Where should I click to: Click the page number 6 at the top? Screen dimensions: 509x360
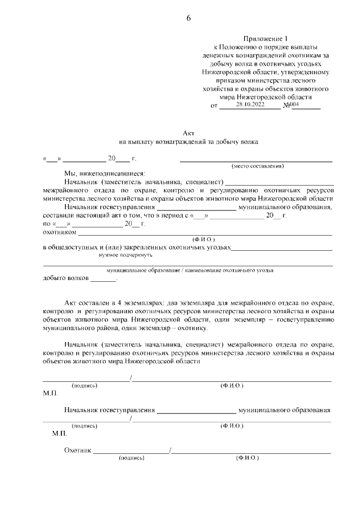point(188,18)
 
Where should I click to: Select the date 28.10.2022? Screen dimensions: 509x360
point(250,105)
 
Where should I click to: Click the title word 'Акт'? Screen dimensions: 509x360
point(188,132)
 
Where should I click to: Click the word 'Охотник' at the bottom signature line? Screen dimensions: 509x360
point(78,451)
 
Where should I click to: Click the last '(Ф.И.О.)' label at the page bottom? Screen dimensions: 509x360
point(247,459)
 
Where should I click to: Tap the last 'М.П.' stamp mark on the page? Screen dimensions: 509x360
point(59,434)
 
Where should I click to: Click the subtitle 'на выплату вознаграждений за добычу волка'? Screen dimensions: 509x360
point(188,142)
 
